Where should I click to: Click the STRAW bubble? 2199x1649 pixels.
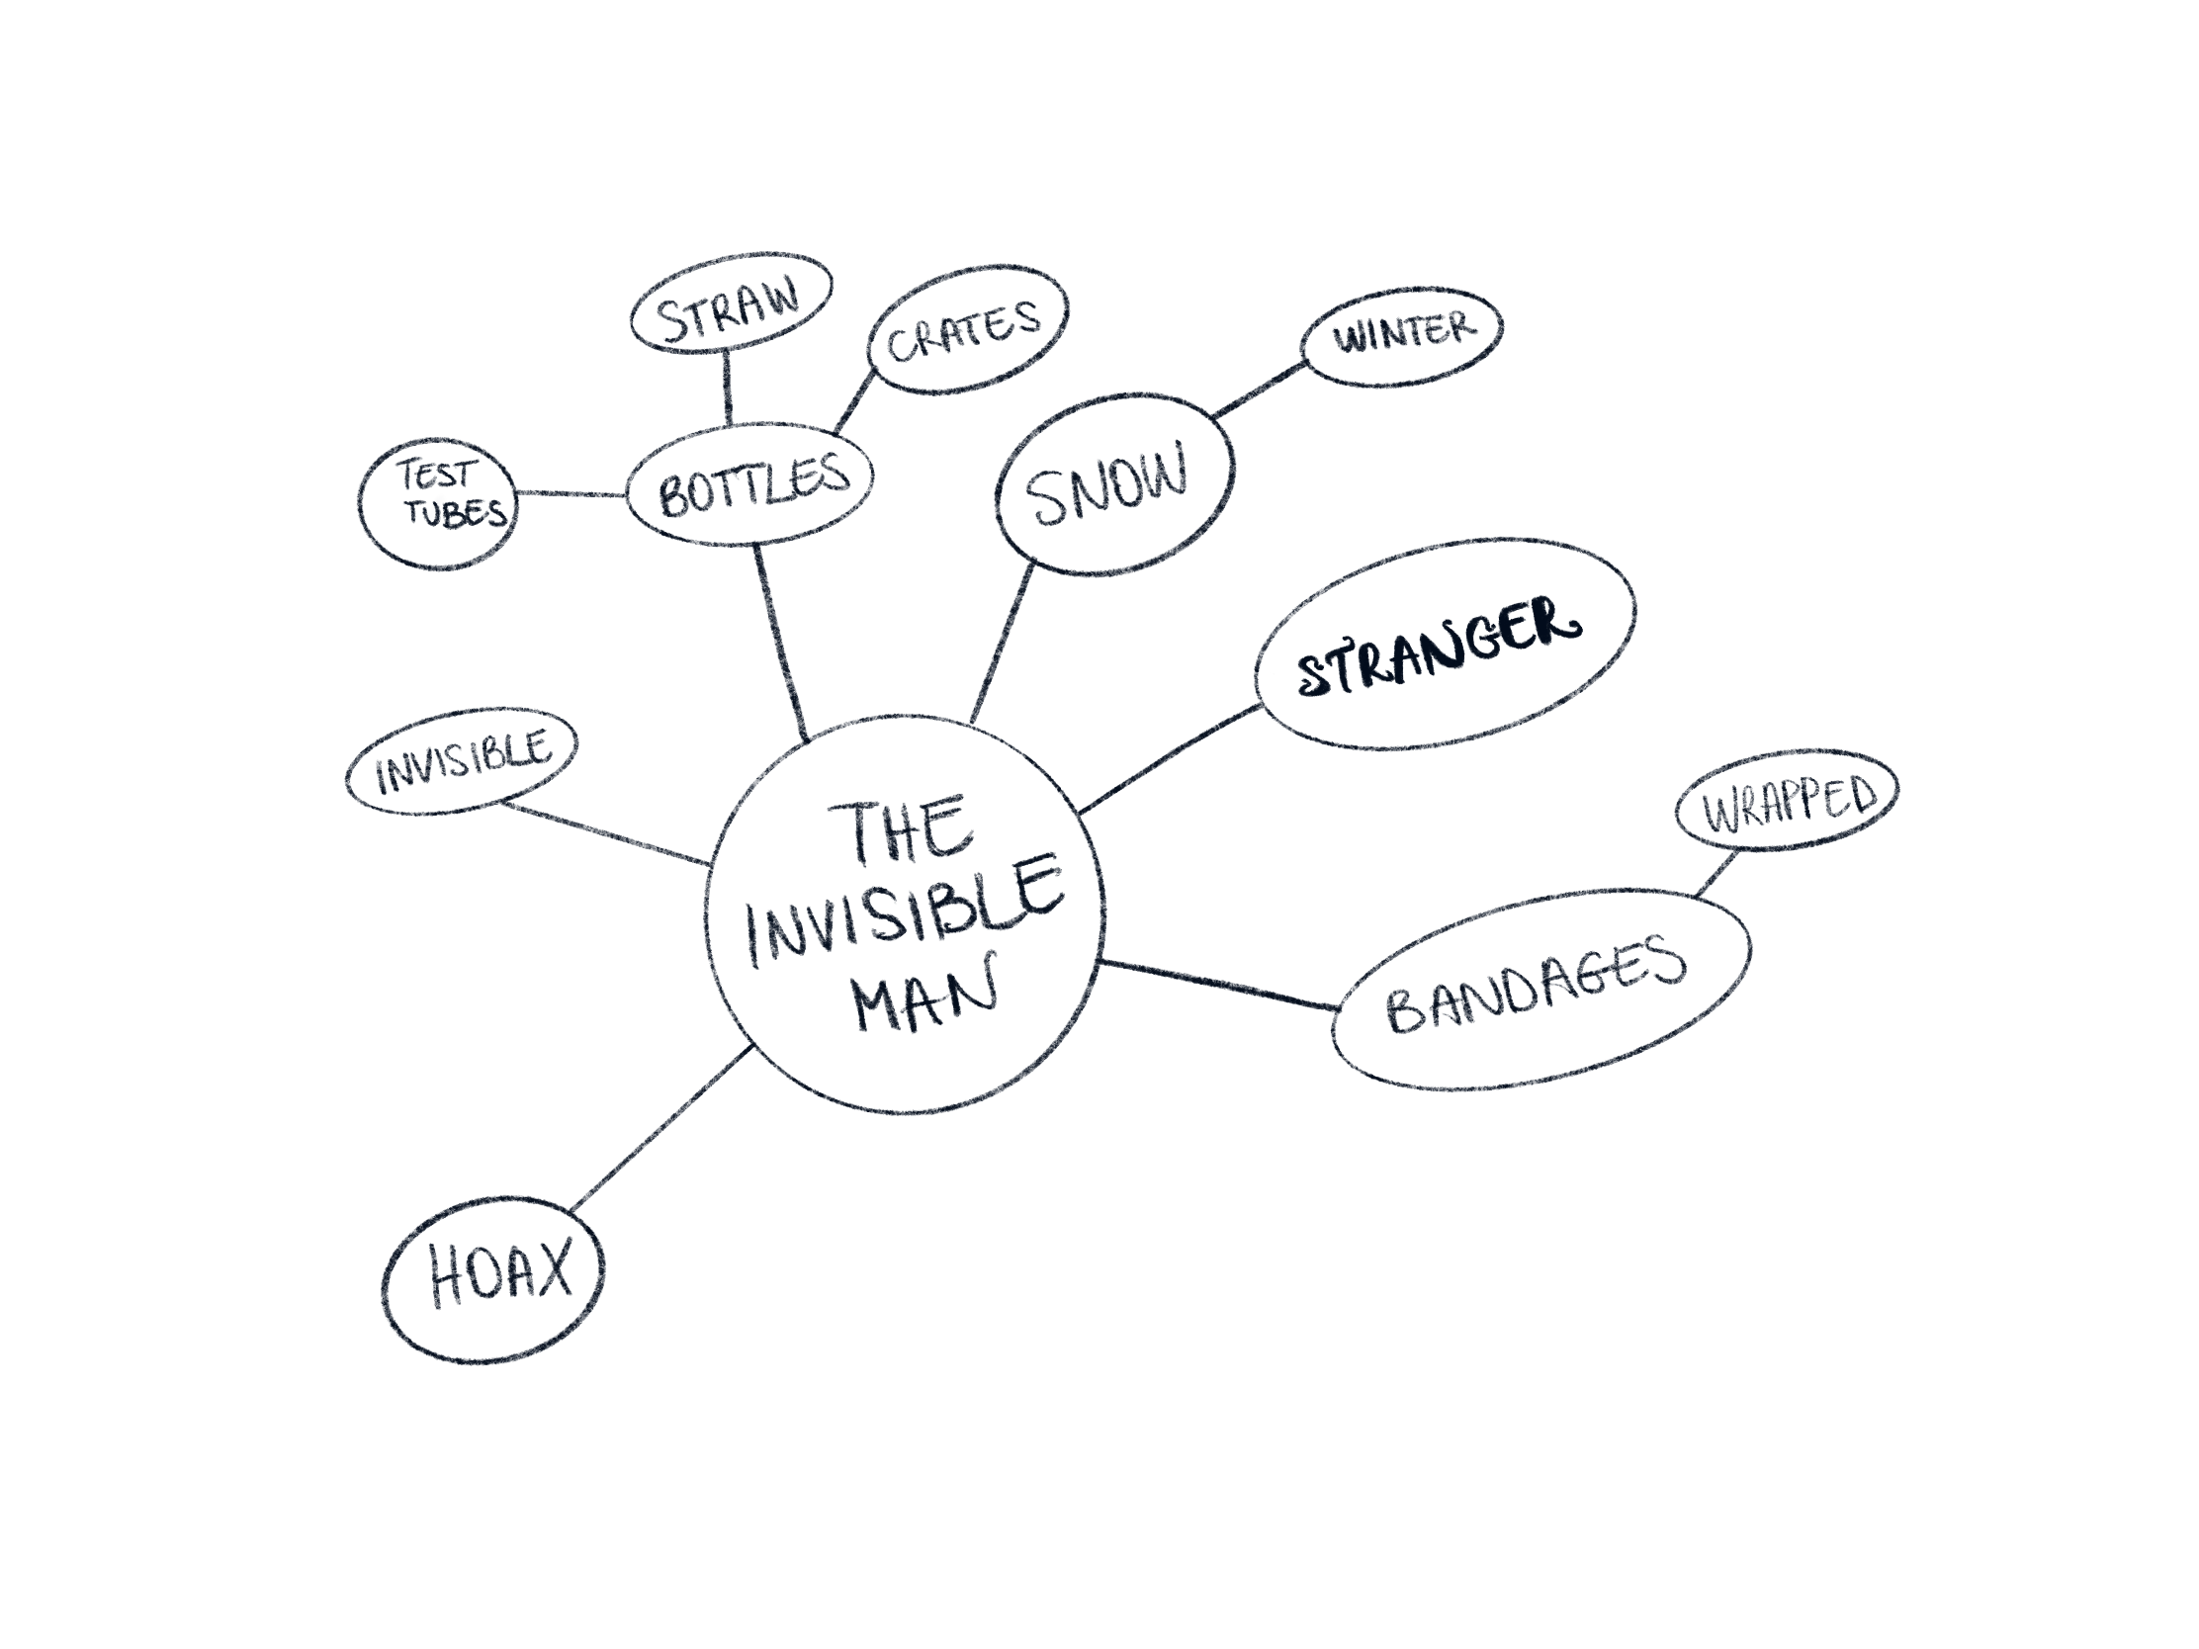731,302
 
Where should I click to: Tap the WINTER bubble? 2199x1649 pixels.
1402,336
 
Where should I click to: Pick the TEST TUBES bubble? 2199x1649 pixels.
438,505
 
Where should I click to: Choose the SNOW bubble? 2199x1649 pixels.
1113,485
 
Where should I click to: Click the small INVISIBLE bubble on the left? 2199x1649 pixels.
462,760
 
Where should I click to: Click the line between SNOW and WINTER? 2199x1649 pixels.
1259,390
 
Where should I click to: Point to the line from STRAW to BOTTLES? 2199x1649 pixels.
727,389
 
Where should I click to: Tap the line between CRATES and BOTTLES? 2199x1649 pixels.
855,401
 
